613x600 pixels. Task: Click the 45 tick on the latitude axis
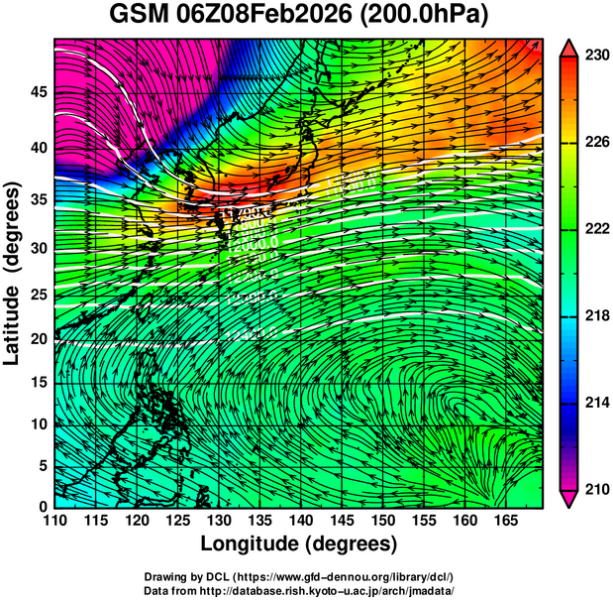click(x=40, y=91)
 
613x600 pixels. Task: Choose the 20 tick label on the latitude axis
click(x=40, y=339)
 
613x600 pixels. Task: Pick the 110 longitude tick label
click(x=55, y=520)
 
